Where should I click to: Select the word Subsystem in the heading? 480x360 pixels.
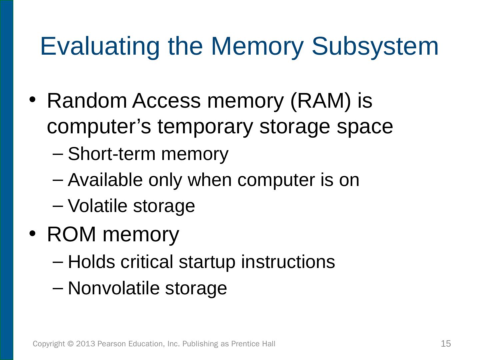pos(375,46)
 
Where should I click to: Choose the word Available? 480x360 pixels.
pos(105,180)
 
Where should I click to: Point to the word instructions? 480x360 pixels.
pos(288,262)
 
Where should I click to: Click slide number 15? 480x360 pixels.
pos(446,344)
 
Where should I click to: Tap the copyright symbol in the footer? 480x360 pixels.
pos(70,344)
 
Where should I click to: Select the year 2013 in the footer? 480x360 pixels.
pos(86,344)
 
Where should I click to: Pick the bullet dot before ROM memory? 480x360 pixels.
pos(32,233)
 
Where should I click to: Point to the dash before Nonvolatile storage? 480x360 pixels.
pos(58,288)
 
